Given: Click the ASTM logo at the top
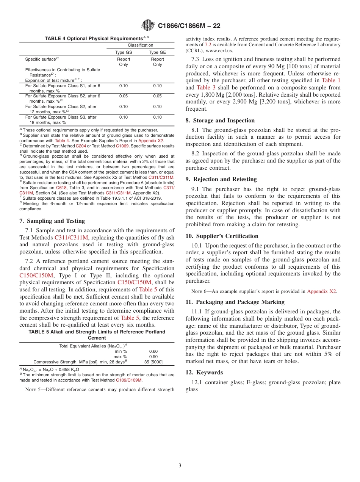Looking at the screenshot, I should (x=148, y=25).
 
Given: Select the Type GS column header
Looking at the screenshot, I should (x=124, y=53).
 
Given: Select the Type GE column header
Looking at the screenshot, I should (x=157, y=53).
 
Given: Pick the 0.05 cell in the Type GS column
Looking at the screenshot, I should (x=124, y=96).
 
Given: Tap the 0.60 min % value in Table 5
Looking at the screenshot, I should (x=153, y=351).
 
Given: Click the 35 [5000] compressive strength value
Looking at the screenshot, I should (x=153, y=362).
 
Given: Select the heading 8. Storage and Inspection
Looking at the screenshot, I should (x=220, y=121).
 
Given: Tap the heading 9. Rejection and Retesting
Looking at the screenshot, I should (x=221, y=179).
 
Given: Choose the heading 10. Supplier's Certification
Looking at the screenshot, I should (x=222, y=236).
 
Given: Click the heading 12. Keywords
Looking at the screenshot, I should (x=204, y=372).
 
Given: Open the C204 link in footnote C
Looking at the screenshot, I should (x=81, y=146).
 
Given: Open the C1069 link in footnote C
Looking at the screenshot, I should (x=122, y=146).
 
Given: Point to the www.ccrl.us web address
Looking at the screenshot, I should (x=219, y=50).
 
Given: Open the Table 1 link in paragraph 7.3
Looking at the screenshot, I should (x=331, y=80).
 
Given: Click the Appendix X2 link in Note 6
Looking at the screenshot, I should (x=321, y=291).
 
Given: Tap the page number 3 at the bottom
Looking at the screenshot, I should (x=180, y=466).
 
